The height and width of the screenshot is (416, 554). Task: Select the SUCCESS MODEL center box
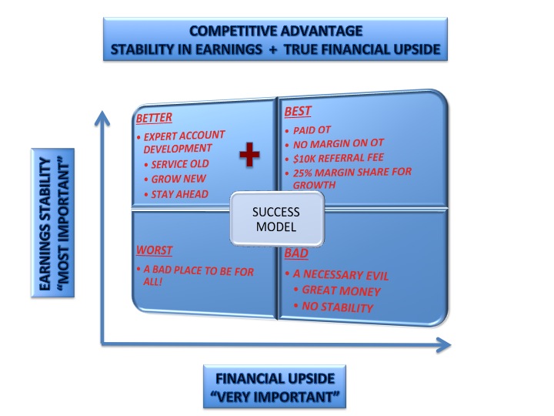(x=275, y=219)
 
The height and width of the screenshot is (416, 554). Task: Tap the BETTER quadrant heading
(x=154, y=118)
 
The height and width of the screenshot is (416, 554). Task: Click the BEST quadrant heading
(x=298, y=112)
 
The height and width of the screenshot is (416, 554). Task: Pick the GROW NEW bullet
(x=179, y=179)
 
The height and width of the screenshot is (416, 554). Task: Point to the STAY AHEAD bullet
(x=182, y=194)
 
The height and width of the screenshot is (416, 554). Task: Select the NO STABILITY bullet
(x=338, y=307)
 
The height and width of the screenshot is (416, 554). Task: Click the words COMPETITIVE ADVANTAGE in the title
(x=276, y=31)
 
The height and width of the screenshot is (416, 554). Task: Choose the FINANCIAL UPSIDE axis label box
(x=275, y=387)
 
